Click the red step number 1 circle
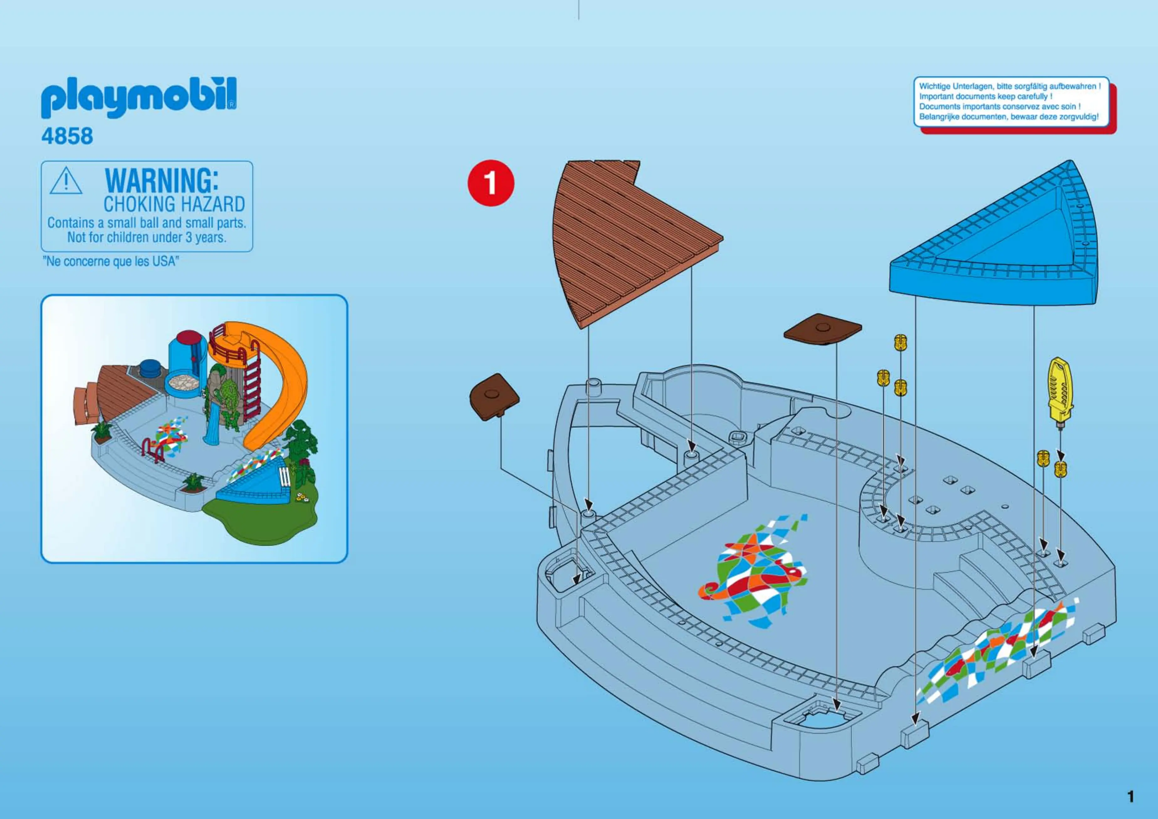(490, 183)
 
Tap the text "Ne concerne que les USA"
(111, 261)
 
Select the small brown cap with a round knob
(822, 329)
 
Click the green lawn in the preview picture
(262, 520)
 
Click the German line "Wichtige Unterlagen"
(1009, 86)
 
